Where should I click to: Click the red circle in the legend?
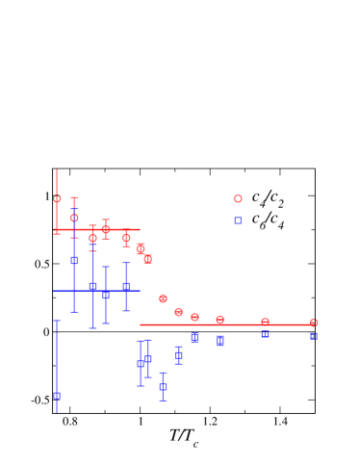click(238, 199)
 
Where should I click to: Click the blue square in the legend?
click(238, 220)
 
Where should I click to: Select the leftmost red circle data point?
click(57, 199)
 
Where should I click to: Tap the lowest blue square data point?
click(57, 396)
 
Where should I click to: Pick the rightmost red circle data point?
click(313, 323)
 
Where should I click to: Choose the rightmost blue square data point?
click(313, 336)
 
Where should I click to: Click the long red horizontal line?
click(227, 324)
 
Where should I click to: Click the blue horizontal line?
click(96, 291)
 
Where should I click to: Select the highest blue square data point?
click(74, 260)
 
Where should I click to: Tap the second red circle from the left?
click(74, 218)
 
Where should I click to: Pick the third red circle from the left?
click(92, 238)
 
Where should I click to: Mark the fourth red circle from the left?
click(106, 229)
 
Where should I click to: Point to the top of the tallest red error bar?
click(57, 170)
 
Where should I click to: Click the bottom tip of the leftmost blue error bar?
click(57, 412)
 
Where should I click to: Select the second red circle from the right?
click(265, 322)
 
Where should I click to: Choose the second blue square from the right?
click(265, 334)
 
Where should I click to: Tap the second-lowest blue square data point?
click(163, 387)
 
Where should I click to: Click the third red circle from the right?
click(219, 320)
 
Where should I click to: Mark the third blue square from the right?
click(219, 340)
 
